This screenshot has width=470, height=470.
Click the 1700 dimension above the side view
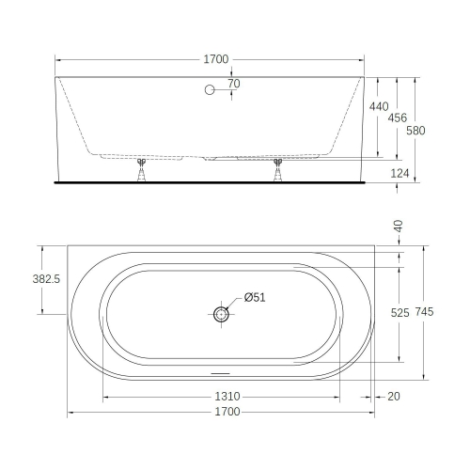click(216, 59)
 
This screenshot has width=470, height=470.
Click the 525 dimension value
click(399, 313)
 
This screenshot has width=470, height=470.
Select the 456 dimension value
click(398, 117)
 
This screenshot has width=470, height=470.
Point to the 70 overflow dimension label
click(233, 85)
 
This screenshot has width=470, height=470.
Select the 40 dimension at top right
click(398, 227)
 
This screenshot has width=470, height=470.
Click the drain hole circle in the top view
click(220, 314)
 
